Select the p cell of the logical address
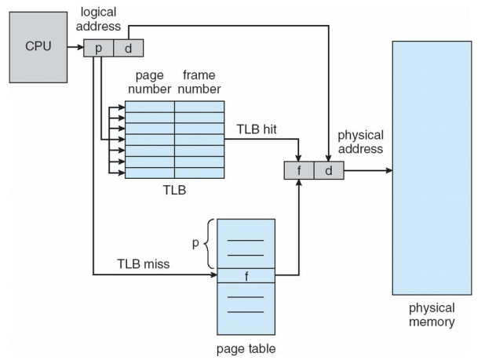point(100,49)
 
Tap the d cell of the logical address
point(128,49)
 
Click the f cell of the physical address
point(299,169)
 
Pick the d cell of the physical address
point(328,169)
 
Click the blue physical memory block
point(431,165)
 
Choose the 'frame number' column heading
point(199,83)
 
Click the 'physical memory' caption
point(431,314)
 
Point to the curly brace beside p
point(208,243)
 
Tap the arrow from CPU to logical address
point(75,49)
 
